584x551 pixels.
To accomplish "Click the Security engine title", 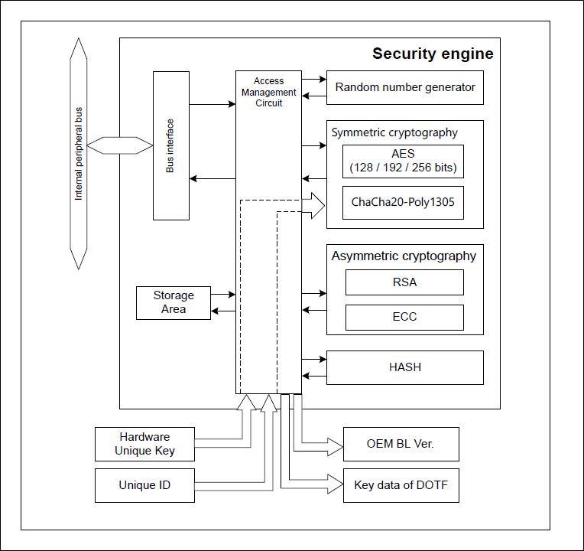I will click(x=433, y=54).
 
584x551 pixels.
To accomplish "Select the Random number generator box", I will click(x=405, y=87).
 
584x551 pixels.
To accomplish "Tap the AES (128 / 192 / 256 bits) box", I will click(x=403, y=161).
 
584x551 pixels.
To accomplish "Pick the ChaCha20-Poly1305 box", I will click(x=403, y=203).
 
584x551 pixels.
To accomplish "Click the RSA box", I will click(x=404, y=282).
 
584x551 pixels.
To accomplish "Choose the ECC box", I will click(x=404, y=317).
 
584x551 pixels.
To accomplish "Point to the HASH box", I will click(x=405, y=367).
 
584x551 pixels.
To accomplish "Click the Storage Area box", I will click(x=174, y=302).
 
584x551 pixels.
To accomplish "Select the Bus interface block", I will click(x=170, y=145).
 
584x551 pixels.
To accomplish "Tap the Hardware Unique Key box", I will click(x=144, y=444).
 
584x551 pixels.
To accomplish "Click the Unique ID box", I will click(x=144, y=485).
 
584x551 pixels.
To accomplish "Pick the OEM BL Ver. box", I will click(x=401, y=444).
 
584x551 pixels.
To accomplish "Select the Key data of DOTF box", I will click(x=401, y=485).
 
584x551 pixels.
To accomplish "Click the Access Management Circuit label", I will click(x=268, y=92).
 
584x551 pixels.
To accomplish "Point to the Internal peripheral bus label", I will click(x=78, y=154).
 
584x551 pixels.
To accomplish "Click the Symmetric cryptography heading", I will click(x=394, y=132).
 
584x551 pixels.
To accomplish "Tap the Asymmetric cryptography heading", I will click(x=404, y=256).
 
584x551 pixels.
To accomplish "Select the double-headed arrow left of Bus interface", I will click(x=120, y=145).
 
